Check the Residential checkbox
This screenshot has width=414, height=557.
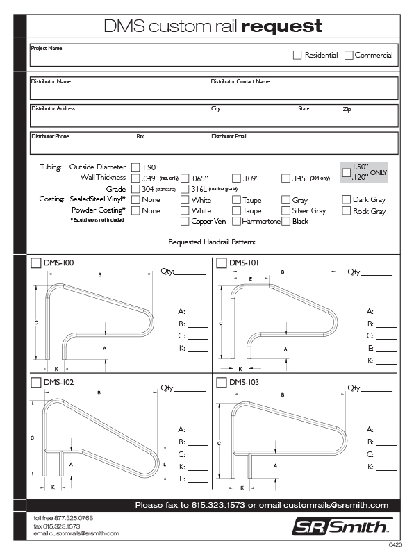pos(297,55)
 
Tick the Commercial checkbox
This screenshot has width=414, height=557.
pos(349,55)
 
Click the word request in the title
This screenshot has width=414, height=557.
pos(281,26)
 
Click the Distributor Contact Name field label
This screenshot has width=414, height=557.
pos(240,81)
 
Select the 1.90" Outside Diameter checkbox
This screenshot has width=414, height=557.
pos(135,167)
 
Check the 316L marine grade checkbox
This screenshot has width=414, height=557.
pos(185,189)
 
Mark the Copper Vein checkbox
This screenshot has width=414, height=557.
pos(185,222)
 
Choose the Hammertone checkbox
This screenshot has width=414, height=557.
pos(236,222)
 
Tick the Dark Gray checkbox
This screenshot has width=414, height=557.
pos(347,200)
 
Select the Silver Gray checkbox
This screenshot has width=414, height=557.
pos(285,210)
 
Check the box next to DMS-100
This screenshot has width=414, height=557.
pos(36,263)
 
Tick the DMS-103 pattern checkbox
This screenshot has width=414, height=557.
pos(222,382)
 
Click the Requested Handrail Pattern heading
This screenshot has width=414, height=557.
pos(212,242)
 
